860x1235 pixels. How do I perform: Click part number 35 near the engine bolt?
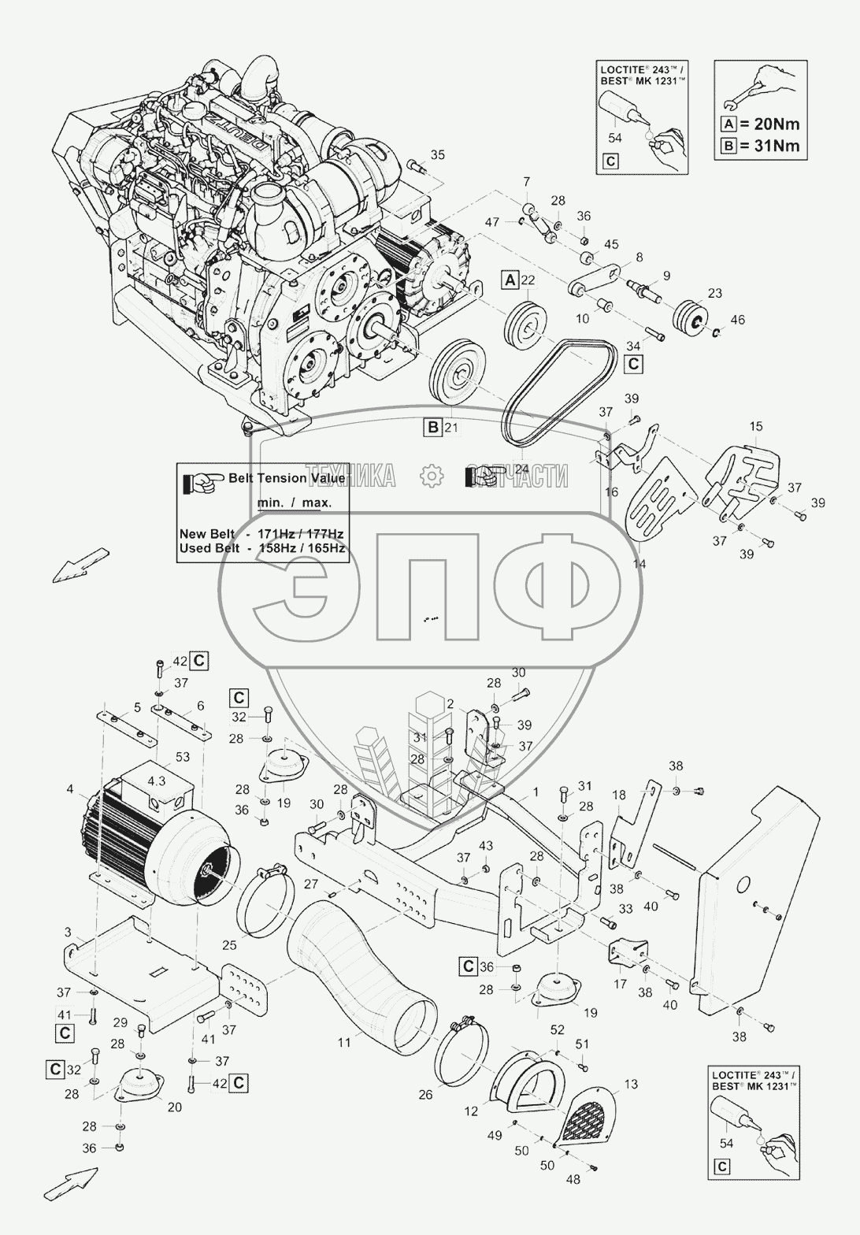438,155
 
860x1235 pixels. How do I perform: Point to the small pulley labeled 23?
692,314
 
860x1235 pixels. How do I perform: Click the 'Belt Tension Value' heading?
285,478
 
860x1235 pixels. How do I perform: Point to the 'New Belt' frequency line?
261,534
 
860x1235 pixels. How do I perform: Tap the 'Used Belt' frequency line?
261,548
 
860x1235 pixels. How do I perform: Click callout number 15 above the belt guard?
755,427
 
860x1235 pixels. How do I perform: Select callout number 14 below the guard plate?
640,564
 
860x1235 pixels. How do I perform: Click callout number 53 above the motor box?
183,758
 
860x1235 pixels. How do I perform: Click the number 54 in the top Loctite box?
616,137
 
